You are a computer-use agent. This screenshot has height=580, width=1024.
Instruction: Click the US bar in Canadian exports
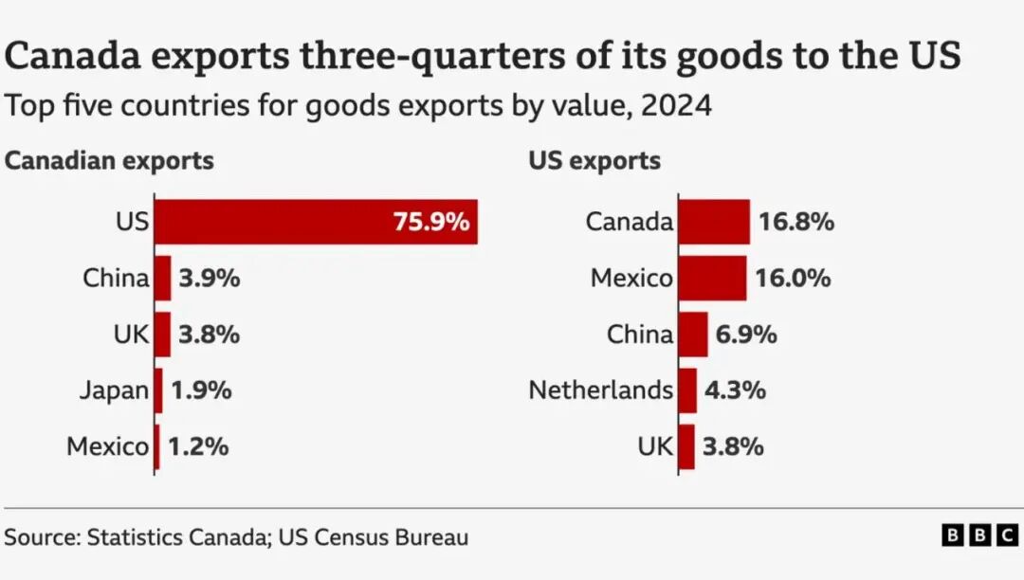point(316,222)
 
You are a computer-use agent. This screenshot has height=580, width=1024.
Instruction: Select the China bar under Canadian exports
point(162,278)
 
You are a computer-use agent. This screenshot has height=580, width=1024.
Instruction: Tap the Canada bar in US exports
point(714,222)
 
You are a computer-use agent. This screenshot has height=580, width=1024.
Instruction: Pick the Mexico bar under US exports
point(712,278)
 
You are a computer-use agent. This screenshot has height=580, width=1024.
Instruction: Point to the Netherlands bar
point(687,390)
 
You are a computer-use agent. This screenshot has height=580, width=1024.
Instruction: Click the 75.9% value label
point(430,223)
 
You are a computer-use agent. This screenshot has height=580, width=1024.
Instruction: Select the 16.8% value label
point(795,223)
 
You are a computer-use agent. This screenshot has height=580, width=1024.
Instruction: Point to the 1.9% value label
point(200,390)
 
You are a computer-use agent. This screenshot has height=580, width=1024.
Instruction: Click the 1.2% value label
point(198,446)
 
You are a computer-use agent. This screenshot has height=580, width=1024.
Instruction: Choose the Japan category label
point(115,390)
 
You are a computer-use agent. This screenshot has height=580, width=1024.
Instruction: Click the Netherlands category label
point(601,390)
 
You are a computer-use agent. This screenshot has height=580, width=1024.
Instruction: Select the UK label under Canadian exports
point(130,335)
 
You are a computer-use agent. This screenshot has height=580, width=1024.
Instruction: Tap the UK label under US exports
point(655,446)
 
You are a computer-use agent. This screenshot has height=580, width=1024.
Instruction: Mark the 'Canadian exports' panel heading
point(109,161)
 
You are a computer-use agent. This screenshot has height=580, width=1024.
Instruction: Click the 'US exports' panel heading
point(594,161)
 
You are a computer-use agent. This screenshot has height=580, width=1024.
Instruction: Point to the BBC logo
point(979,536)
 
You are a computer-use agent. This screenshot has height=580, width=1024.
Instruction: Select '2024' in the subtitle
point(675,105)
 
